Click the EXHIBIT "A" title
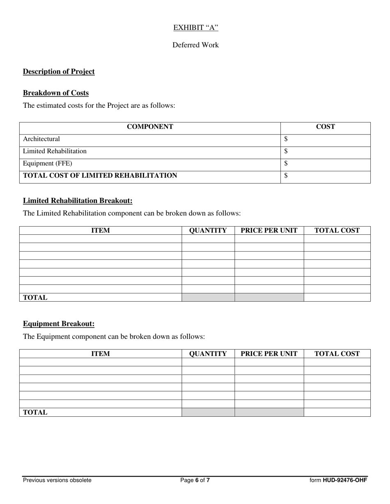(195, 27)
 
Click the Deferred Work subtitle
(195, 45)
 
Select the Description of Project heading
(59, 72)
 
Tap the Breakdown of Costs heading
(56, 93)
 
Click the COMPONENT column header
(150, 127)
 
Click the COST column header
(325, 127)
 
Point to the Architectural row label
(41, 139)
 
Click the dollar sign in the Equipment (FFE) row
(286, 163)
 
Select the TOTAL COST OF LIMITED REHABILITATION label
(100, 176)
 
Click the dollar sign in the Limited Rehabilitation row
(286, 151)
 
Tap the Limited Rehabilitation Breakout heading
(78, 201)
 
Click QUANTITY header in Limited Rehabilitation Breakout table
(208, 230)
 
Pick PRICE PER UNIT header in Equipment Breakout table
(269, 354)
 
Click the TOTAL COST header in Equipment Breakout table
(337, 354)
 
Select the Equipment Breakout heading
(59, 324)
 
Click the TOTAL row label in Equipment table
(35, 413)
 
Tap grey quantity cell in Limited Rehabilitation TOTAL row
(208, 297)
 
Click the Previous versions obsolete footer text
(57, 480)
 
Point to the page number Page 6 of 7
(195, 480)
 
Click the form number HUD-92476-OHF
(338, 480)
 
